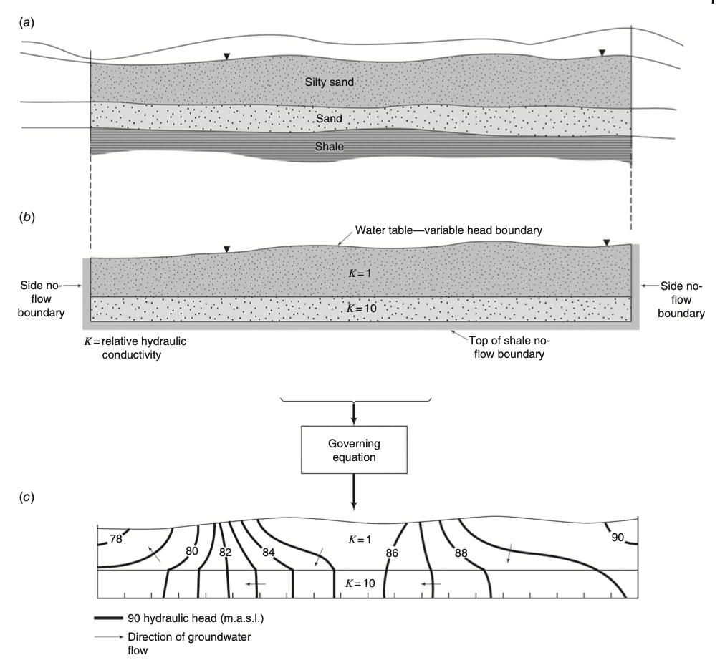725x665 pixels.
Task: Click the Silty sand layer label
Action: [x=330, y=82]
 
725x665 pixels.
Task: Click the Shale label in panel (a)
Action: [x=331, y=146]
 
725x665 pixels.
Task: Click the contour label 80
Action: [x=191, y=550]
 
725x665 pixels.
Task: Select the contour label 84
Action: [x=268, y=551]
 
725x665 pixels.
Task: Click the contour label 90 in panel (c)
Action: [x=618, y=537]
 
